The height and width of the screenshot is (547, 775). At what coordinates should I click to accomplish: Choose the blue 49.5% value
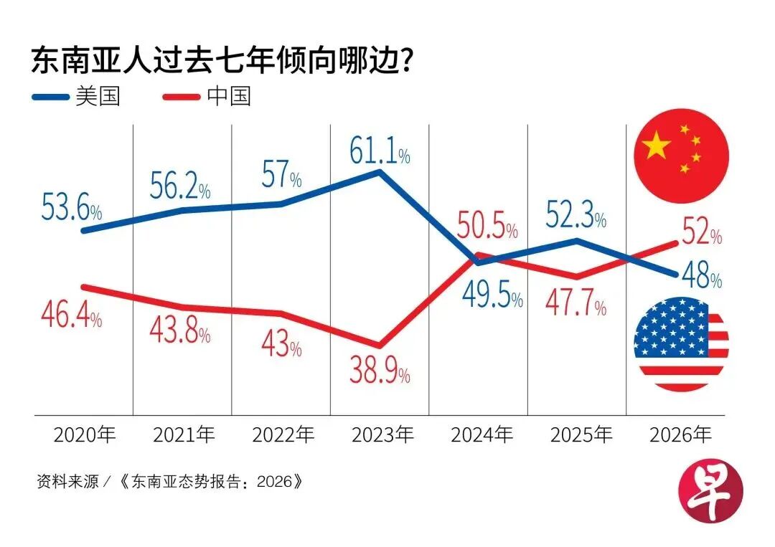[492, 295]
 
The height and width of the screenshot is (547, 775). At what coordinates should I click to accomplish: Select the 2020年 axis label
[85, 434]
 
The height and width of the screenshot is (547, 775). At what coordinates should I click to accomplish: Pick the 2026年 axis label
[680, 434]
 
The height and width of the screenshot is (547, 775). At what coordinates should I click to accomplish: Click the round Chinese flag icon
[681, 156]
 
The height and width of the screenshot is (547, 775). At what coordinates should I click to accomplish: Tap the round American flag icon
[681, 345]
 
